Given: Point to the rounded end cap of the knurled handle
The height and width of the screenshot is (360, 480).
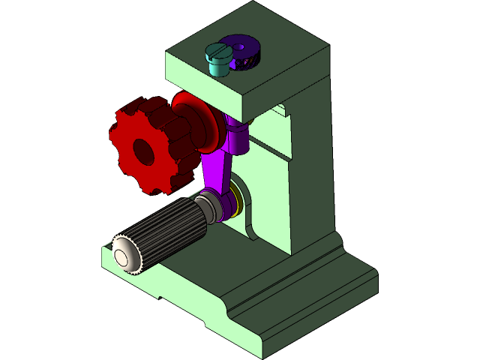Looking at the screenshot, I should [124, 256].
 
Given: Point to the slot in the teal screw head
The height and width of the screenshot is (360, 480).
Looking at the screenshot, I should [217, 52].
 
